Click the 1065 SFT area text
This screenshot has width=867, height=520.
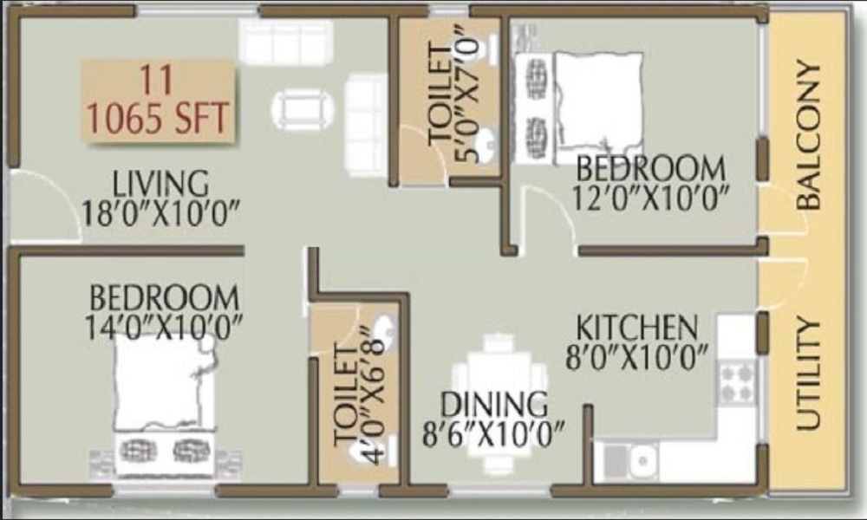click(158, 117)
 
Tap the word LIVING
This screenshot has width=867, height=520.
click(161, 184)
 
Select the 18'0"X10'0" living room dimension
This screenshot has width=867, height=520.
click(161, 213)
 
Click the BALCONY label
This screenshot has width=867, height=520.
click(809, 134)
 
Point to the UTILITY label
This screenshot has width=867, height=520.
click(808, 374)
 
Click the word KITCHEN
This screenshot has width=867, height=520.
click(637, 328)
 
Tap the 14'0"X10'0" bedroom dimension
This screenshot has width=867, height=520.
click(164, 328)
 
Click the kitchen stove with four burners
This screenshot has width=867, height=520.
click(736, 382)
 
